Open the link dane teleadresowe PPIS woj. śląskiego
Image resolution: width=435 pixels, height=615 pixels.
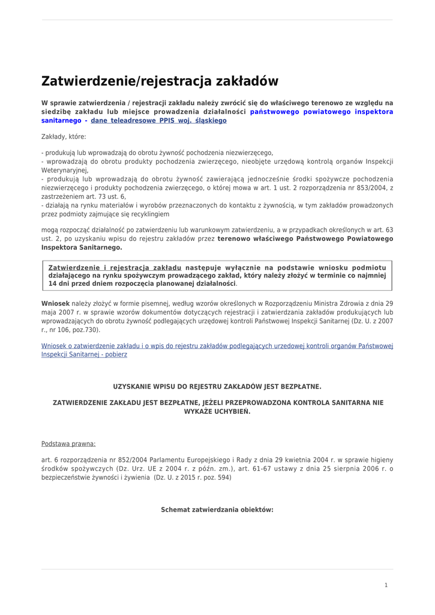(158, 121)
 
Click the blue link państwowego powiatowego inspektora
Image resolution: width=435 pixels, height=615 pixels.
(322, 112)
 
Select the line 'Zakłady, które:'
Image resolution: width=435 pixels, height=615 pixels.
(64, 137)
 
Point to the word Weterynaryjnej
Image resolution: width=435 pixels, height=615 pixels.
(65, 171)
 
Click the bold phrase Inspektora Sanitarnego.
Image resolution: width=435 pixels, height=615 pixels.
(82, 247)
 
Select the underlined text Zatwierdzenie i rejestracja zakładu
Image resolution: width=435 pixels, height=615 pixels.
(115, 267)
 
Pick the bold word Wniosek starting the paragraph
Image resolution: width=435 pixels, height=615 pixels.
(55, 304)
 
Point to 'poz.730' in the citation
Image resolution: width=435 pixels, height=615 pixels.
(87, 330)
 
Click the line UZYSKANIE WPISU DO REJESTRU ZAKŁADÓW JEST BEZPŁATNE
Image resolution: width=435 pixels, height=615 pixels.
(217, 386)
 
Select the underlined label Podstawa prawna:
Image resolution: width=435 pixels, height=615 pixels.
(68, 444)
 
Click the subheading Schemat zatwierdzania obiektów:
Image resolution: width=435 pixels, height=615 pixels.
(217, 510)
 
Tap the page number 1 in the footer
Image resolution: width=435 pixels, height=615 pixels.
(386, 585)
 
